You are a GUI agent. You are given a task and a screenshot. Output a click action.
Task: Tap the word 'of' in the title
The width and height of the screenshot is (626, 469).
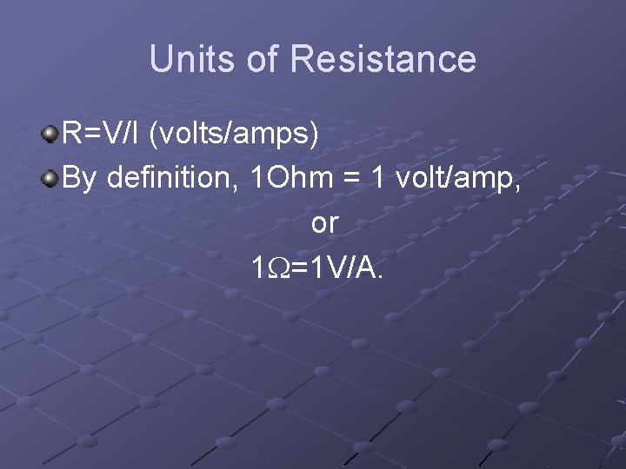[x=263, y=59]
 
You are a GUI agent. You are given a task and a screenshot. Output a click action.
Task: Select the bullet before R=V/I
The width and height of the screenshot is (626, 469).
[x=51, y=134]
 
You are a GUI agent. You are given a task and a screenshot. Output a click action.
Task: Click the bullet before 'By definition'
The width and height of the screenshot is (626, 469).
[x=51, y=179]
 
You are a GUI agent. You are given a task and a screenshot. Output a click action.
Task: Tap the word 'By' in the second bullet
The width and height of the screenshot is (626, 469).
[x=82, y=179]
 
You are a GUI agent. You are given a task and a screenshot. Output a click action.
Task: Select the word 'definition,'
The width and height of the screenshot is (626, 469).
[x=174, y=179]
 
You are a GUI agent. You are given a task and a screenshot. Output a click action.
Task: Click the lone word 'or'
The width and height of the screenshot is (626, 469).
[x=324, y=224]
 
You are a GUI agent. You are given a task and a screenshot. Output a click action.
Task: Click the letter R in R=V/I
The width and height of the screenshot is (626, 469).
[x=73, y=134]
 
